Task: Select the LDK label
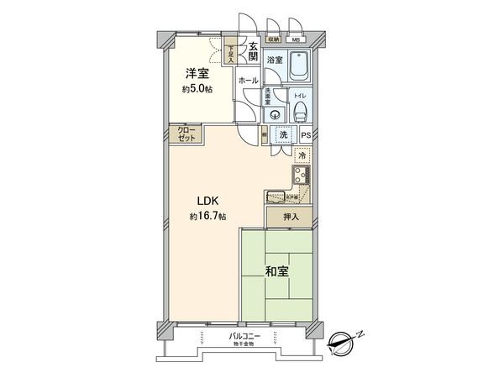[x=208, y=202]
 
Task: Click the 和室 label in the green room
[x=278, y=271]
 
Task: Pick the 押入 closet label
[x=290, y=217]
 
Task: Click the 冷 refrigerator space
[x=302, y=155]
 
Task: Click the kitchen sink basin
[x=276, y=197]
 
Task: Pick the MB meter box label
[x=295, y=39]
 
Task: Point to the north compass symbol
[x=341, y=340]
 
